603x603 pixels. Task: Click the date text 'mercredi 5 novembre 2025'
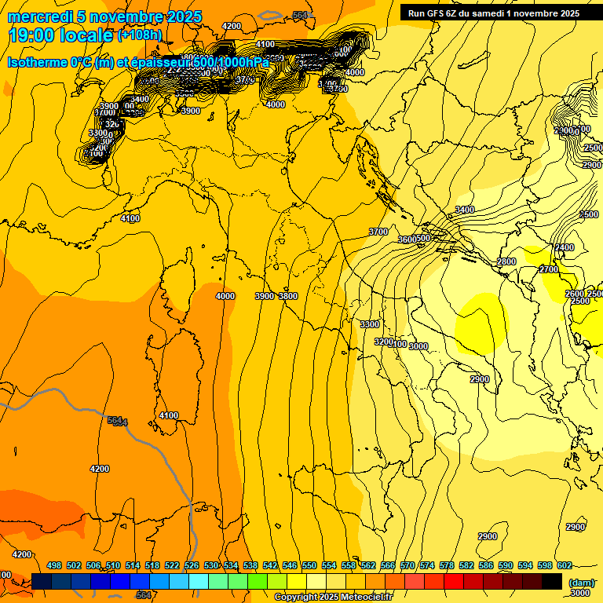click(x=104, y=17)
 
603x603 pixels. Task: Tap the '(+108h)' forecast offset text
click(x=140, y=35)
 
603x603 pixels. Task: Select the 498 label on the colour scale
click(x=54, y=565)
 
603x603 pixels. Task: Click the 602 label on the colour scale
click(x=564, y=565)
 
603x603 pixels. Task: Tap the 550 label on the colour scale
click(x=309, y=565)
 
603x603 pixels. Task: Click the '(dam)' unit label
click(x=582, y=583)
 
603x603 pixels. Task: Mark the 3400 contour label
click(x=465, y=210)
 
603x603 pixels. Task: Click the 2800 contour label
click(x=506, y=261)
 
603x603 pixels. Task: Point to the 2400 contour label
click(x=565, y=247)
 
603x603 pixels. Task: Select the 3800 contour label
click(x=288, y=296)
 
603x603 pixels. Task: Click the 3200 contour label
click(x=383, y=342)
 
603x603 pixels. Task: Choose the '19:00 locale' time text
click(x=60, y=36)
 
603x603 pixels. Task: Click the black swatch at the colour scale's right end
click(x=552, y=582)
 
